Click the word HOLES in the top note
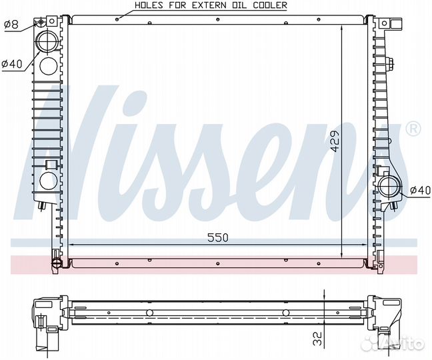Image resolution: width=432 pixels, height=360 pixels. coord(149,5)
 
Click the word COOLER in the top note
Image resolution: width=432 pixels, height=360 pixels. coord(270,5)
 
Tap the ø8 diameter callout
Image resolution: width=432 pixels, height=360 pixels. coord(11,25)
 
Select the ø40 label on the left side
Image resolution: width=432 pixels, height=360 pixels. coord(11,64)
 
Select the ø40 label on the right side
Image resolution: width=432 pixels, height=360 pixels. coord(420,190)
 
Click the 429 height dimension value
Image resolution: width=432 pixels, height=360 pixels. coord(335,141)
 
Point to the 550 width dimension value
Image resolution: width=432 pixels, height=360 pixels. coord(218,237)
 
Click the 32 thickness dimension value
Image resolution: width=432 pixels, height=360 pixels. coord(317,339)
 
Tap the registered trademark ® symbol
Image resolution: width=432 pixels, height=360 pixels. coord(413,129)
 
